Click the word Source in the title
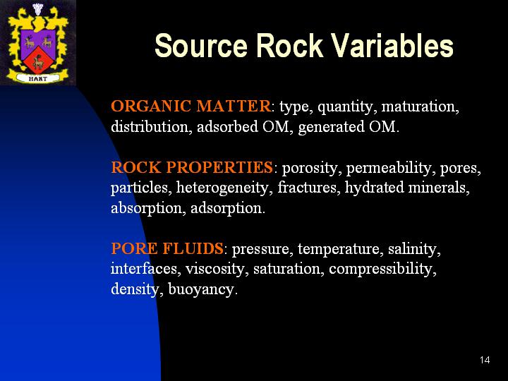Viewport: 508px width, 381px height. (x=201, y=46)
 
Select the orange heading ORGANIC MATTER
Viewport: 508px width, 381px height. (x=190, y=106)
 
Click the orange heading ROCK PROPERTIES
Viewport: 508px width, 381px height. (x=192, y=167)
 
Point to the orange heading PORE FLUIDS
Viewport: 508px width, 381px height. (x=167, y=248)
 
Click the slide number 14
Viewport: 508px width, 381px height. (x=485, y=360)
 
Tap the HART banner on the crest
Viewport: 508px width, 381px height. (x=38, y=78)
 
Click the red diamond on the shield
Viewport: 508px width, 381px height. (x=38, y=60)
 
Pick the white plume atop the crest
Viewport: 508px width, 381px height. (x=38, y=9)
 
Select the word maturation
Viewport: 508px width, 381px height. (x=421, y=107)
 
